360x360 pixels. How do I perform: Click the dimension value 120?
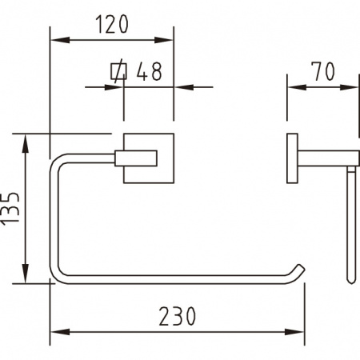click(112, 24)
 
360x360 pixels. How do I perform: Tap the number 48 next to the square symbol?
click(149, 71)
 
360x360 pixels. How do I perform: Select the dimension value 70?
click(324, 71)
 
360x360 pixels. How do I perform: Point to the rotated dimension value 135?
click(10, 208)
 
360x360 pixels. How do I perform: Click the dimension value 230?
click(178, 316)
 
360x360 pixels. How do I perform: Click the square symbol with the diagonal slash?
click(118, 71)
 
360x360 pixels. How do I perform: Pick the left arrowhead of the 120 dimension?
click(60, 40)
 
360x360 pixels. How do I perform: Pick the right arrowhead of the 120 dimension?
click(164, 40)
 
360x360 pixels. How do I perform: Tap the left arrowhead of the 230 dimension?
click(60, 332)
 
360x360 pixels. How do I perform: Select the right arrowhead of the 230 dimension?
click(294, 332)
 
